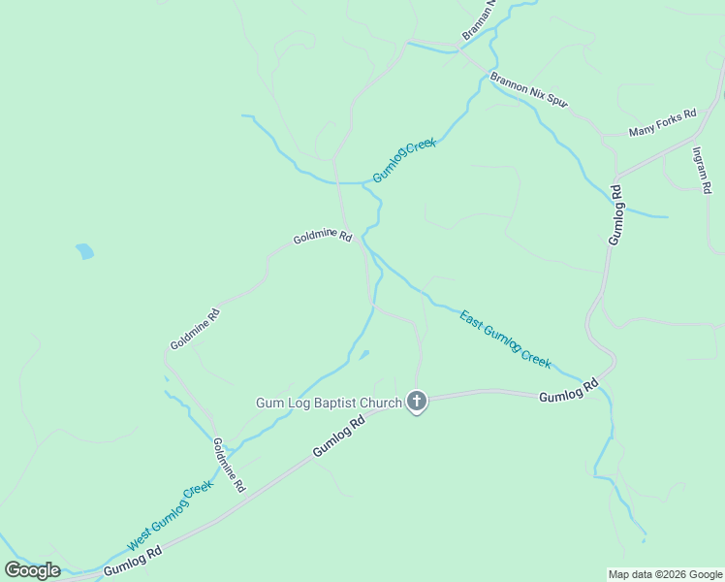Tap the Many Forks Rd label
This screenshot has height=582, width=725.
(662, 122)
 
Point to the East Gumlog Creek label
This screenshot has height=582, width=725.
(505, 339)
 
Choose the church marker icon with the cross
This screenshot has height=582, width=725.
(417, 401)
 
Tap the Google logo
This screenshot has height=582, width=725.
(32, 570)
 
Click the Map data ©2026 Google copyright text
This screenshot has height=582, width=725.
(665, 574)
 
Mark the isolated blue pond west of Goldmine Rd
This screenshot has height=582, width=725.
(85, 252)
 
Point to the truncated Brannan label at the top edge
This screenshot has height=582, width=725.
(479, 19)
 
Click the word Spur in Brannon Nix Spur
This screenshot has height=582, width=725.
(553, 98)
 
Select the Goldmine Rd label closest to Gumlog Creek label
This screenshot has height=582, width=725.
(323, 237)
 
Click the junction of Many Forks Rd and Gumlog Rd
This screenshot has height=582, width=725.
(616, 178)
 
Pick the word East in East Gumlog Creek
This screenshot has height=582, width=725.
(470, 319)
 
